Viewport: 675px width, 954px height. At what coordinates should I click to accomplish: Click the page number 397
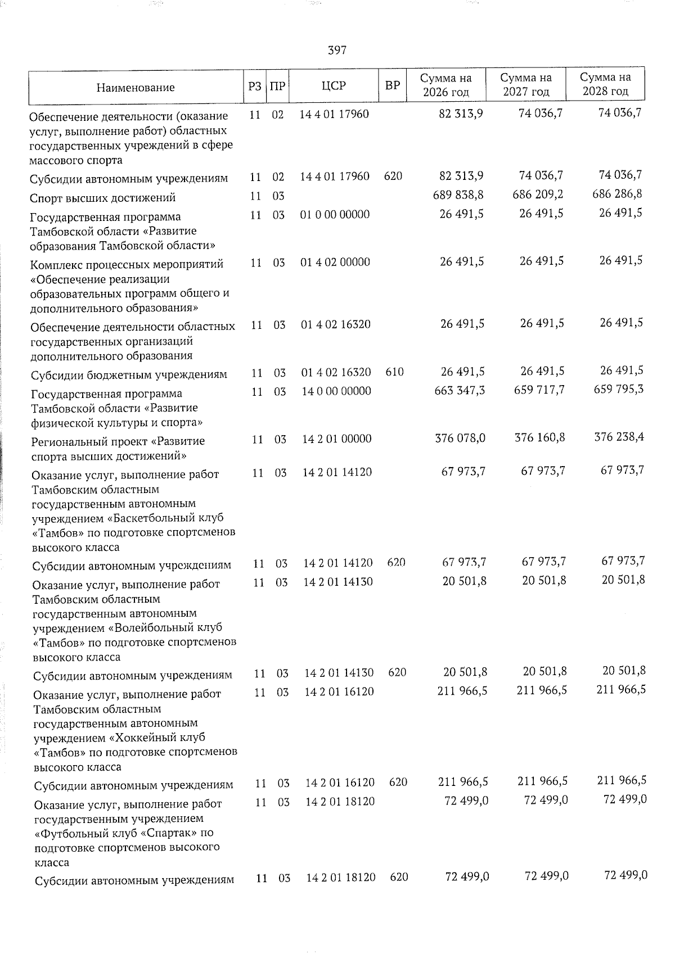pyautogui.click(x=337, y=51)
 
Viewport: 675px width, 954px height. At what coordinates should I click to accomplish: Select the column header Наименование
pyautogui.click(x=135, y=88)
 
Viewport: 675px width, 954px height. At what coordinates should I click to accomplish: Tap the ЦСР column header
pyautogui.click(x=334, y=86)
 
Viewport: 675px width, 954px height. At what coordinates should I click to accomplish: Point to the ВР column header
pyautogui.click(x=392, y=86)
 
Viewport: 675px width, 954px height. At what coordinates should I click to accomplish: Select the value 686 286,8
pyautogui.click(x=618, y=194)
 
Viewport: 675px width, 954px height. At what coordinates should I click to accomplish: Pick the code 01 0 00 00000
pyautogui.click(x=335, y=215)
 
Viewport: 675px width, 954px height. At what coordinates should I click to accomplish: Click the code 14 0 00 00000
pyautogui.click(x=336, y=391)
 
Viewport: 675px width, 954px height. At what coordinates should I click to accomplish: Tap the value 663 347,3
pyautogui.click(x=460, y=390)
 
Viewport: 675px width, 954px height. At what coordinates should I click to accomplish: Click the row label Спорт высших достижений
pyautogui.click(x=103, y=198)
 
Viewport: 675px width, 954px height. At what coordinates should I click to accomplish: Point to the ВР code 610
pyautogui.click(x=394, y=372)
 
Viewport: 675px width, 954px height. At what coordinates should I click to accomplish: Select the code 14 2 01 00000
pyautogui.click(x=336, y=439)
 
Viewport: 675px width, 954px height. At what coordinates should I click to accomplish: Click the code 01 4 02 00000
pyautogui.click(x=335, y=262)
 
